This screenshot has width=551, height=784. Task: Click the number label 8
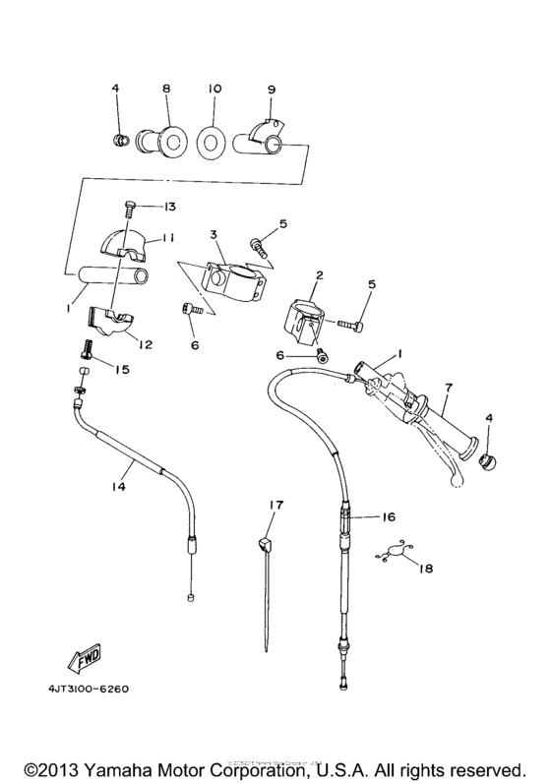pos(165,88)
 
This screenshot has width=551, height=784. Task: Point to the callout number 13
pos(169,207)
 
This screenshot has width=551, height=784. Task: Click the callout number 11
pos(168,238)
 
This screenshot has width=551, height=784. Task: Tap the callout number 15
pos(123,370)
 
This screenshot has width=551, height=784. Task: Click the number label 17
pos(276,505)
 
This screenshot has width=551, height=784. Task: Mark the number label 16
pos(388,515)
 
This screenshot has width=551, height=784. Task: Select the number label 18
pos(425,569)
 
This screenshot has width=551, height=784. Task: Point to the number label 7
pos(448,390)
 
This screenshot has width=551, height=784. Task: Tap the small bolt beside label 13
pos(130,209)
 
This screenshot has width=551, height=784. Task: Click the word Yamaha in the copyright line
pos(124,766)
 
